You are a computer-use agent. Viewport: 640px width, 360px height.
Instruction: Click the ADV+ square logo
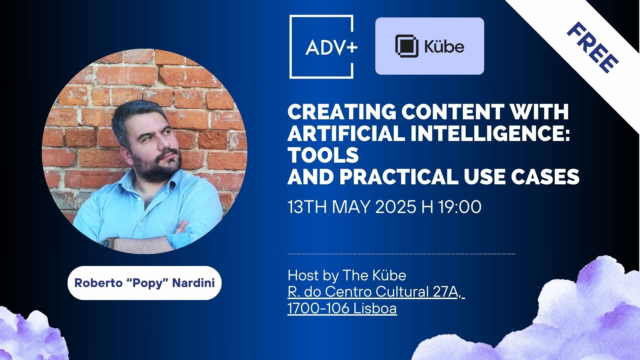click(x=321, y=47)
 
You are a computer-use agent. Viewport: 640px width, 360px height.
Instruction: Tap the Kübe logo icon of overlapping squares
click(x=406, y=46)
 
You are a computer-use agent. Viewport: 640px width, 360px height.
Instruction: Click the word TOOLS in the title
click(x=323, y=155)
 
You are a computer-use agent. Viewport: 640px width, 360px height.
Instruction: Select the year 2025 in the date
click(x=396, y=207)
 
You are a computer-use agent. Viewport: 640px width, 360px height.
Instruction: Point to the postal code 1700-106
click(x=318, y=308)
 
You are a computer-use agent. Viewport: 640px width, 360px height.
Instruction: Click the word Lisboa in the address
click(x=375, y=308)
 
